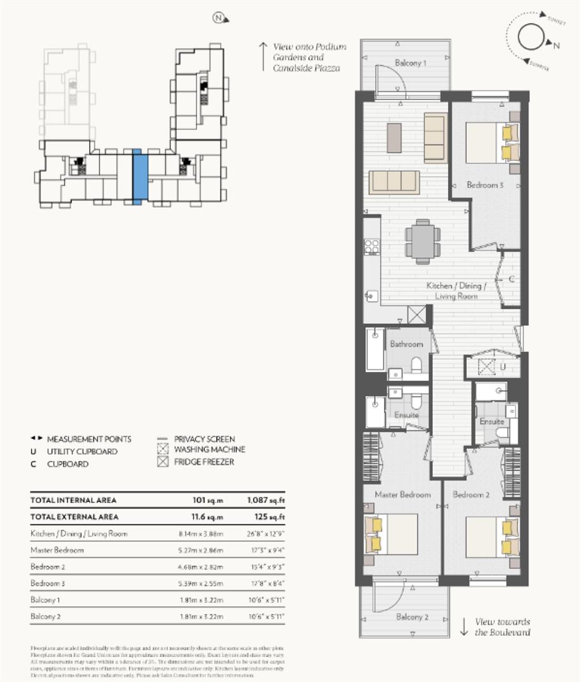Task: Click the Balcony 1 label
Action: click(x=411, y=63)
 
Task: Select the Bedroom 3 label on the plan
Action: click(x=485, y=186)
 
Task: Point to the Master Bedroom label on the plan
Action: click(x=402, y=494)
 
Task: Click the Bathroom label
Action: click(x=406, y=344)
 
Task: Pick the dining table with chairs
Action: click(x=421, y=241)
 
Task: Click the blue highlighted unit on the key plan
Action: click(x=140, y=177)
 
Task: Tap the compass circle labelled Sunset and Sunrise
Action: click(x=531, y=39)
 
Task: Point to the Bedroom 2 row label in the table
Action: click(x=48, y=566)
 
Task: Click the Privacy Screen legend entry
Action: click(x=204, y=439)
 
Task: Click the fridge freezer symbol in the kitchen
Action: click(x=417, y=314)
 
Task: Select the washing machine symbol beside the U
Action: click(x=486, y=365)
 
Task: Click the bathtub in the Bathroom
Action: click(x=375, y=349)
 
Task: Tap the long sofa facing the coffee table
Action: click(x=394, y=182)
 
